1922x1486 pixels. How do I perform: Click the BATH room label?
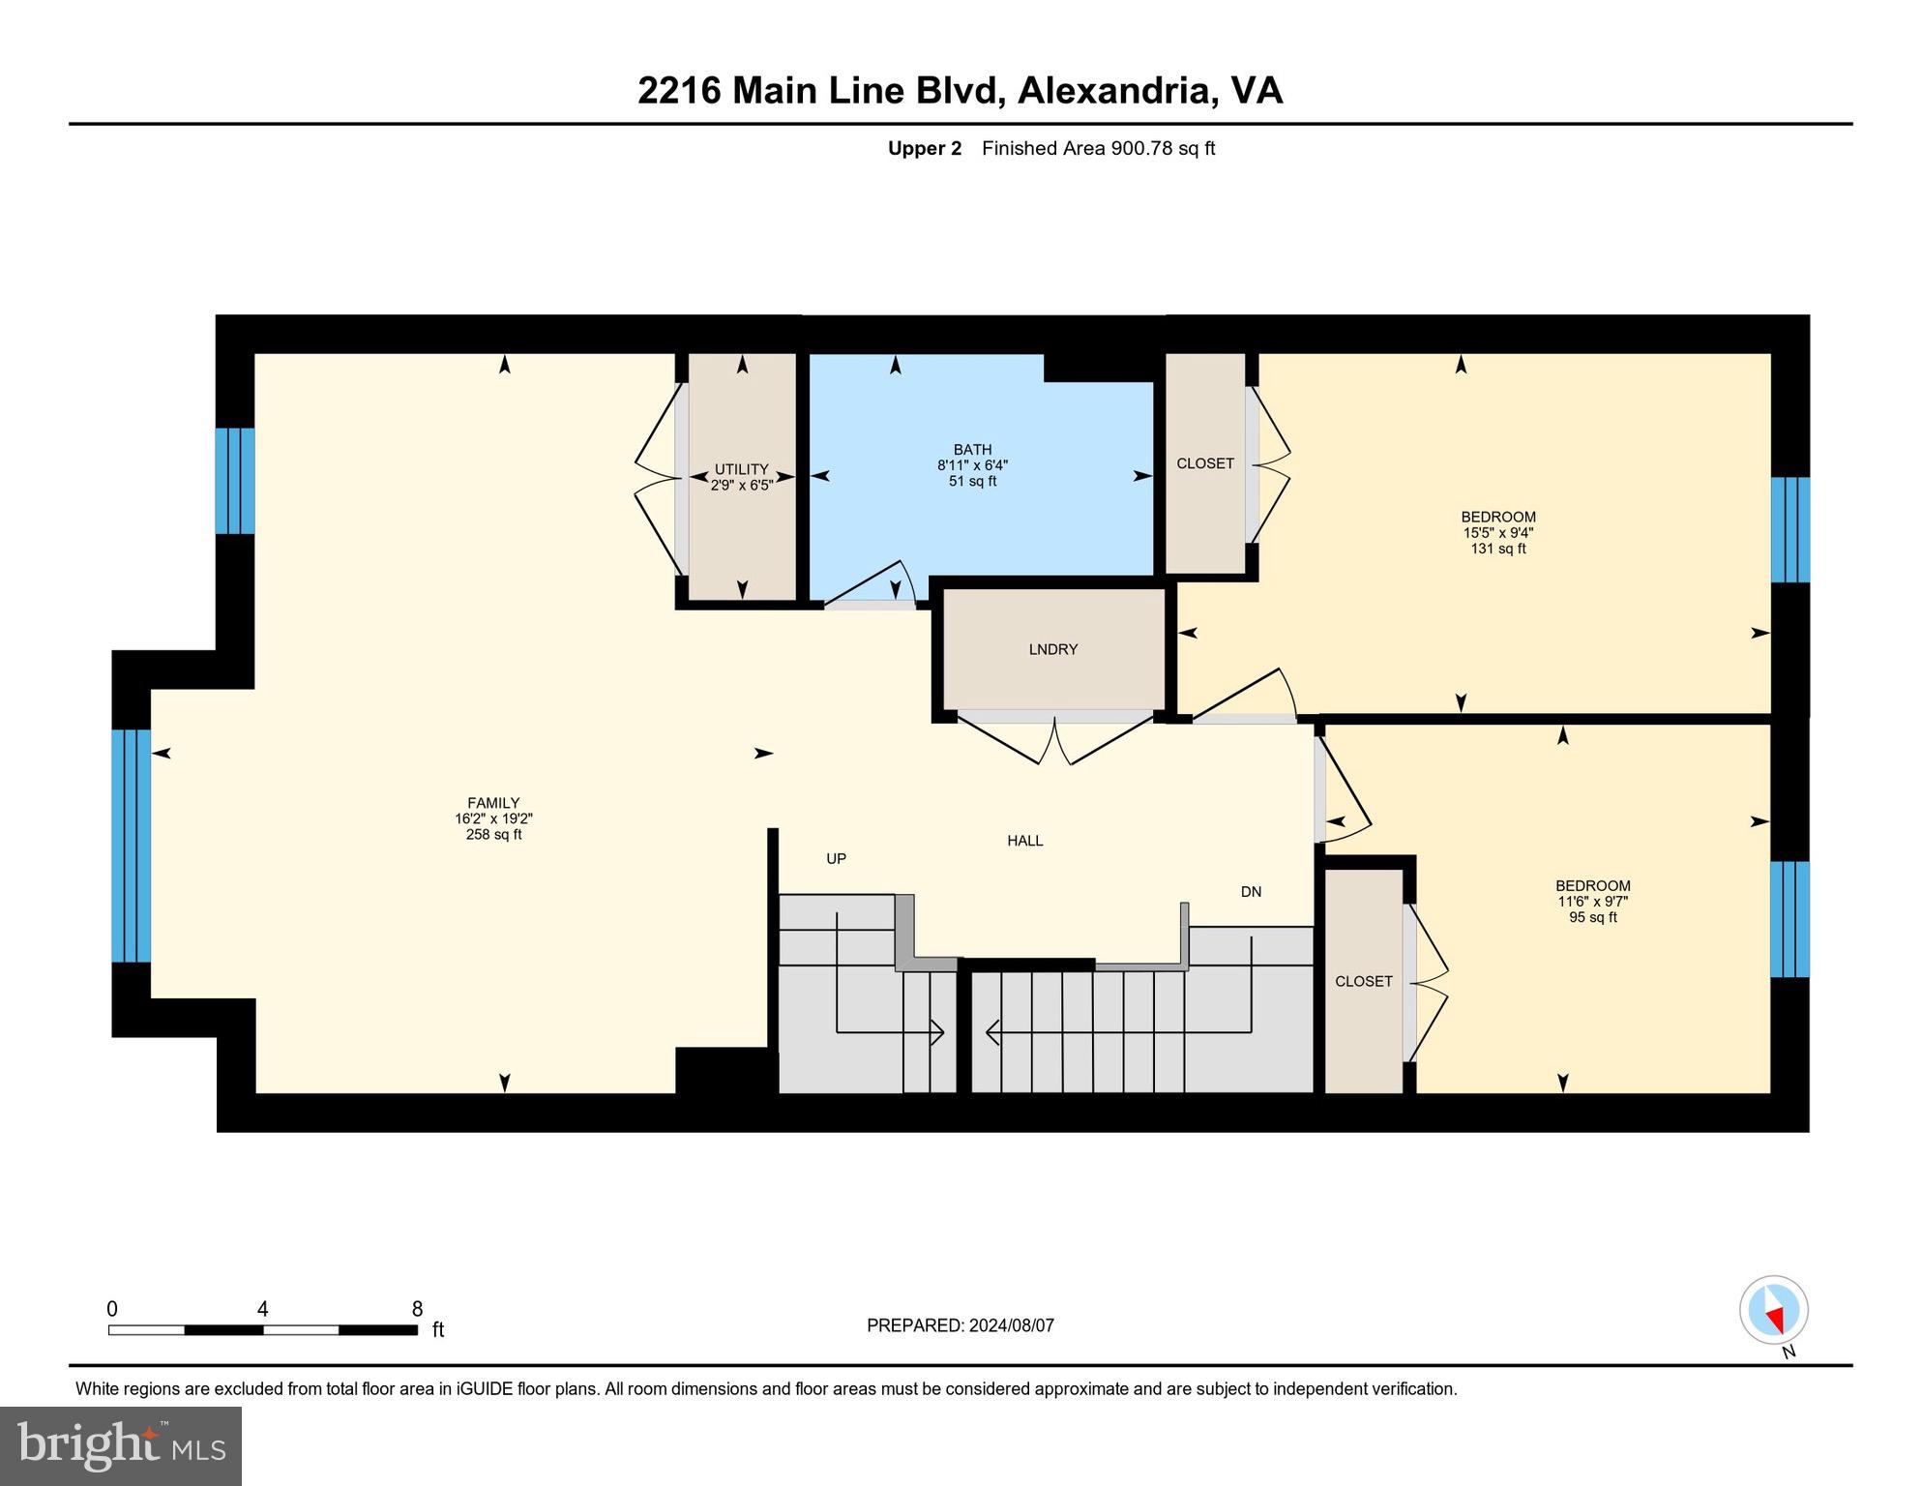(x=972, y=450)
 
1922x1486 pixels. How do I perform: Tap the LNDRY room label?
(x=1052, y=649)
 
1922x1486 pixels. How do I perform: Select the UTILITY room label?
(x=741, y=469)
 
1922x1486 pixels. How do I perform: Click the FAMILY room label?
(x=493, y=803)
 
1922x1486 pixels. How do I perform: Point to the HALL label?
(x=1024, y=841)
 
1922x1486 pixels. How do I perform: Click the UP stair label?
(x=836, y=858)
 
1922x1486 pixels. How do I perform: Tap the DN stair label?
(x=1251, y=892)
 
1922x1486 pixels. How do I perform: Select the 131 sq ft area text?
(x=1497, y=549)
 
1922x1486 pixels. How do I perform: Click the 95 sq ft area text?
(x=1592, y=917)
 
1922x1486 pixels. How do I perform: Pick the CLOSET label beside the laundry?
(x=1204, y=463)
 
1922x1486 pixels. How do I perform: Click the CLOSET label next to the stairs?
(x=1363, y=981)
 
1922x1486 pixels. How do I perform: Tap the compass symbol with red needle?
(x=1773, y=1312)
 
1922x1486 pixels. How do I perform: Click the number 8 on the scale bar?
(x=417, y=1309)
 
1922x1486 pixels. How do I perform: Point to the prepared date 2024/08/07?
(x=1010, y=1325)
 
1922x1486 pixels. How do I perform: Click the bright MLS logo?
(x=121, y=1445)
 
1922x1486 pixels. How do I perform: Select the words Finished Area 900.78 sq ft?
(x=1098, y=148)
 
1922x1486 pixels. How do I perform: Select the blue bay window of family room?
(x=131, y=846)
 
